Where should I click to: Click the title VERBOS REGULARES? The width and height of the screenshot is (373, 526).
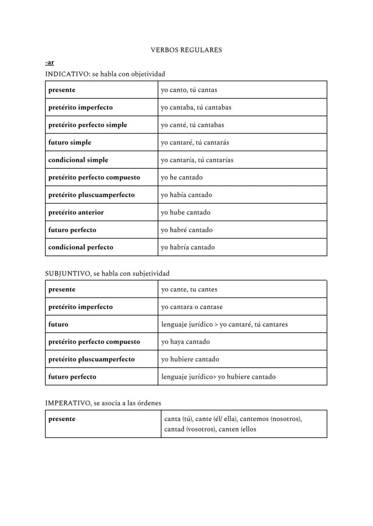pyautogui.click(x=186, y=50)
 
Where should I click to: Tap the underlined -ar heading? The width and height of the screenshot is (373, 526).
pyautogui.click(x=50, y=63)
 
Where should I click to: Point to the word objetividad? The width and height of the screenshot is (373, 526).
pyautogui.click(x=148, y=74)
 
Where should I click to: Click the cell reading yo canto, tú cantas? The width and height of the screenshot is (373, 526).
pyautogui.click(x=189, y=90)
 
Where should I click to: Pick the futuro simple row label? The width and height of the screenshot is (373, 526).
pyautogui.click(x=70, y=143)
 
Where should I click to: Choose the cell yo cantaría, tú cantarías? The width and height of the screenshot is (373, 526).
pyautogui.click(x=197, y=160)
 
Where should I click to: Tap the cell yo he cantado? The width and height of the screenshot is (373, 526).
pyautogui.click(x=182, y=177)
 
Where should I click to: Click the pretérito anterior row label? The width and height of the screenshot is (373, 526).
pyautogui.click(x=76, y=212)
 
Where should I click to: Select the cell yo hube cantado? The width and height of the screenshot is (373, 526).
pyautogui.click(x=186, y=212)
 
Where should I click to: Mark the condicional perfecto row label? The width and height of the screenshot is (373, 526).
pyautogui.click(x=81, y=247)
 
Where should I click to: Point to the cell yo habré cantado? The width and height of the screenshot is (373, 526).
pyautogui.click(x=186, y=230)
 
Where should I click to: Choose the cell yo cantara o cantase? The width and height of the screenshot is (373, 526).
pyautogui.click(x=192, y=307)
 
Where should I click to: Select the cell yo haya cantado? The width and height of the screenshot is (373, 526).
pyautogui.click(x=186, y=342)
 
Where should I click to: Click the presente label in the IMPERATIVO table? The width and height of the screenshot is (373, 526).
pyautogui.click(x=62, y=419)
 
